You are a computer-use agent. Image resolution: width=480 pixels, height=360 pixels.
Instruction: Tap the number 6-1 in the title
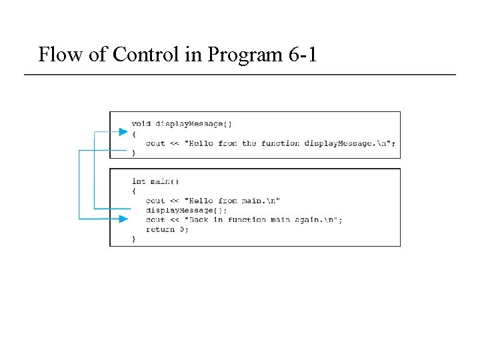click(x=303, y=54)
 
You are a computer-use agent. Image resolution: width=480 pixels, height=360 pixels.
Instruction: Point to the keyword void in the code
click(x=141, y=123)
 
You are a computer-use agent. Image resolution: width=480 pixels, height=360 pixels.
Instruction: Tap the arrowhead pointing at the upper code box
click(x=123, y=132)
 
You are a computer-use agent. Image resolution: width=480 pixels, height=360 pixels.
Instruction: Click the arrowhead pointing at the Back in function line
click(x=123, y=219)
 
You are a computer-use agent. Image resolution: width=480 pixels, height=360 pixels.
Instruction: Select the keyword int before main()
click(x=138, y=181)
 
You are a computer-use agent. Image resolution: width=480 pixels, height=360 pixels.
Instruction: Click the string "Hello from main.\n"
click(x=232, y=200)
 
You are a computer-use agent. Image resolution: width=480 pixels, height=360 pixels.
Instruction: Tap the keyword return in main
click(x=160, y=229)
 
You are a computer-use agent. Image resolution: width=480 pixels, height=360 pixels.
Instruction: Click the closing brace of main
click(x=133, y=239)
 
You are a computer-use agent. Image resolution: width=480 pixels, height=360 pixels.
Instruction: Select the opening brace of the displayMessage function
click(x=133, y=133)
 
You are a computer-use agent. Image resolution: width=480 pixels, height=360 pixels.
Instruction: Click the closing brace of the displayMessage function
click(x=133, y=153)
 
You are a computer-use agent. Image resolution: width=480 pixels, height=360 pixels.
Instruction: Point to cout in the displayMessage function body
click(x=155, y=143)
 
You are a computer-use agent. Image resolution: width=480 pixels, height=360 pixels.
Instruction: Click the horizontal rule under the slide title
click(x=240, y=74)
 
